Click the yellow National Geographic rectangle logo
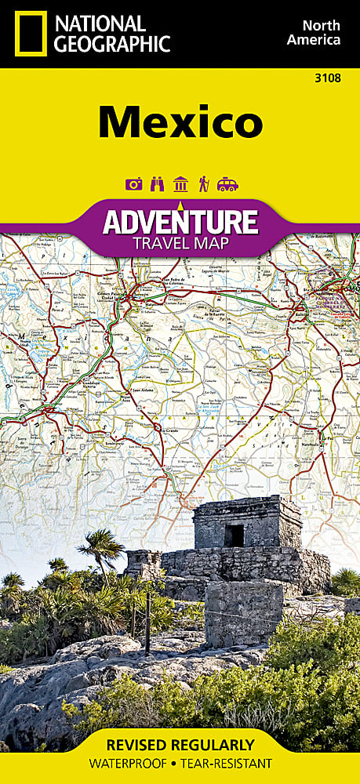(x=30, y=34)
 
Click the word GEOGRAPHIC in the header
(x=110, y=44)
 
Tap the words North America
(x=313, y=31)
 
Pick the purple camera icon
(x=133, y=184)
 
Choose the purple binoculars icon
(x=157, y=184)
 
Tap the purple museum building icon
(x=180, y=184)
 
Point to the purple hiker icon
(x=203, y=184)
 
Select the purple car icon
(x=227, y=184)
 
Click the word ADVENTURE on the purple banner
(x=180, y=223)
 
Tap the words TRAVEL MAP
(x=180, y=243)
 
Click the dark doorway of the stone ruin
(x=234, y=535)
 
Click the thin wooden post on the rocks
(x=147, y=627)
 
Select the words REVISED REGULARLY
(x=180, y=745)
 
